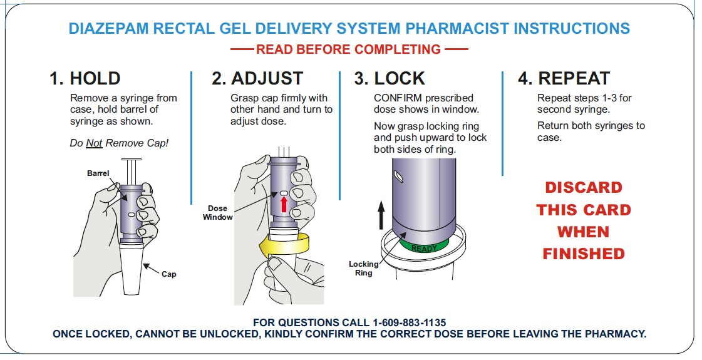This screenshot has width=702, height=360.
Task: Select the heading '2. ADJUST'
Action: coord(257,79)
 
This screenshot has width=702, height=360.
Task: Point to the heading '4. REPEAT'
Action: coord(564,79)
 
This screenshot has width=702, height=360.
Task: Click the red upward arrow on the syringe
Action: coord(283,205)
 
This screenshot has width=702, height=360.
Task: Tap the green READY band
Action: coord(424,246)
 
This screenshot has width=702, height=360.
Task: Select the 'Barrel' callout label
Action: coord(98,173)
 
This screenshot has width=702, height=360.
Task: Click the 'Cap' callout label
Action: coord(169,274)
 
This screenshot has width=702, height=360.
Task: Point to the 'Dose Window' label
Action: coord(217,213)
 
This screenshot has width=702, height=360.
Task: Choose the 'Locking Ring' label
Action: coord(364,269)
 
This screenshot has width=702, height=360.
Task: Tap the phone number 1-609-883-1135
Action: coord(409,322)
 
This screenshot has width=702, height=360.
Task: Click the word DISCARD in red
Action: coord(583,188)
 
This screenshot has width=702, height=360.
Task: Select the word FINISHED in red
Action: coord(583,254)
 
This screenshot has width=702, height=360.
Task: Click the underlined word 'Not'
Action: coord(94,143)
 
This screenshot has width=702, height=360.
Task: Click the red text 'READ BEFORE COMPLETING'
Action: coord(348,49)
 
